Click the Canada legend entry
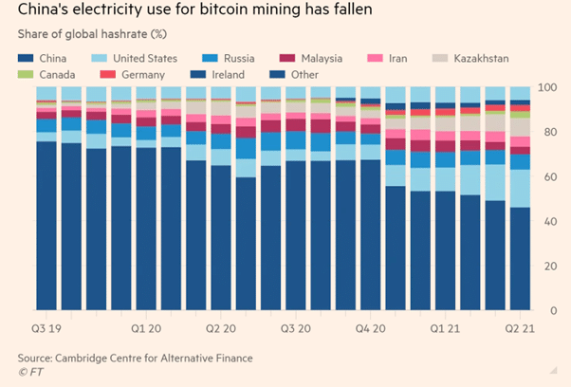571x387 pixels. coord(47,74)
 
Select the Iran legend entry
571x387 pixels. coord(397,59)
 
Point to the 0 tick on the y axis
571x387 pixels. coord(548,311)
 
